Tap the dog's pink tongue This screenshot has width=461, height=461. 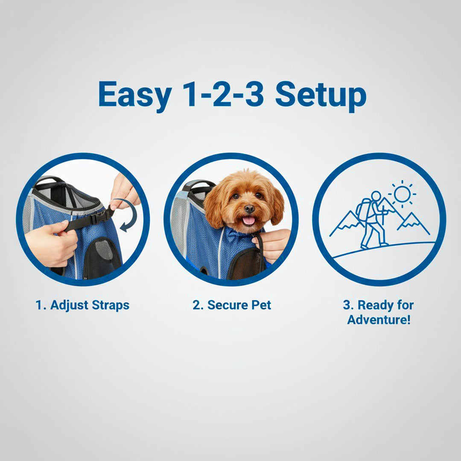point(249,221)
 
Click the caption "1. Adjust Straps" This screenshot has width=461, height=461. point(82,305)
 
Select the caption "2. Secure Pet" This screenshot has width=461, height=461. point(232,305)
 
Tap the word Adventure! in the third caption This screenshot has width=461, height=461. point(379,320)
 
